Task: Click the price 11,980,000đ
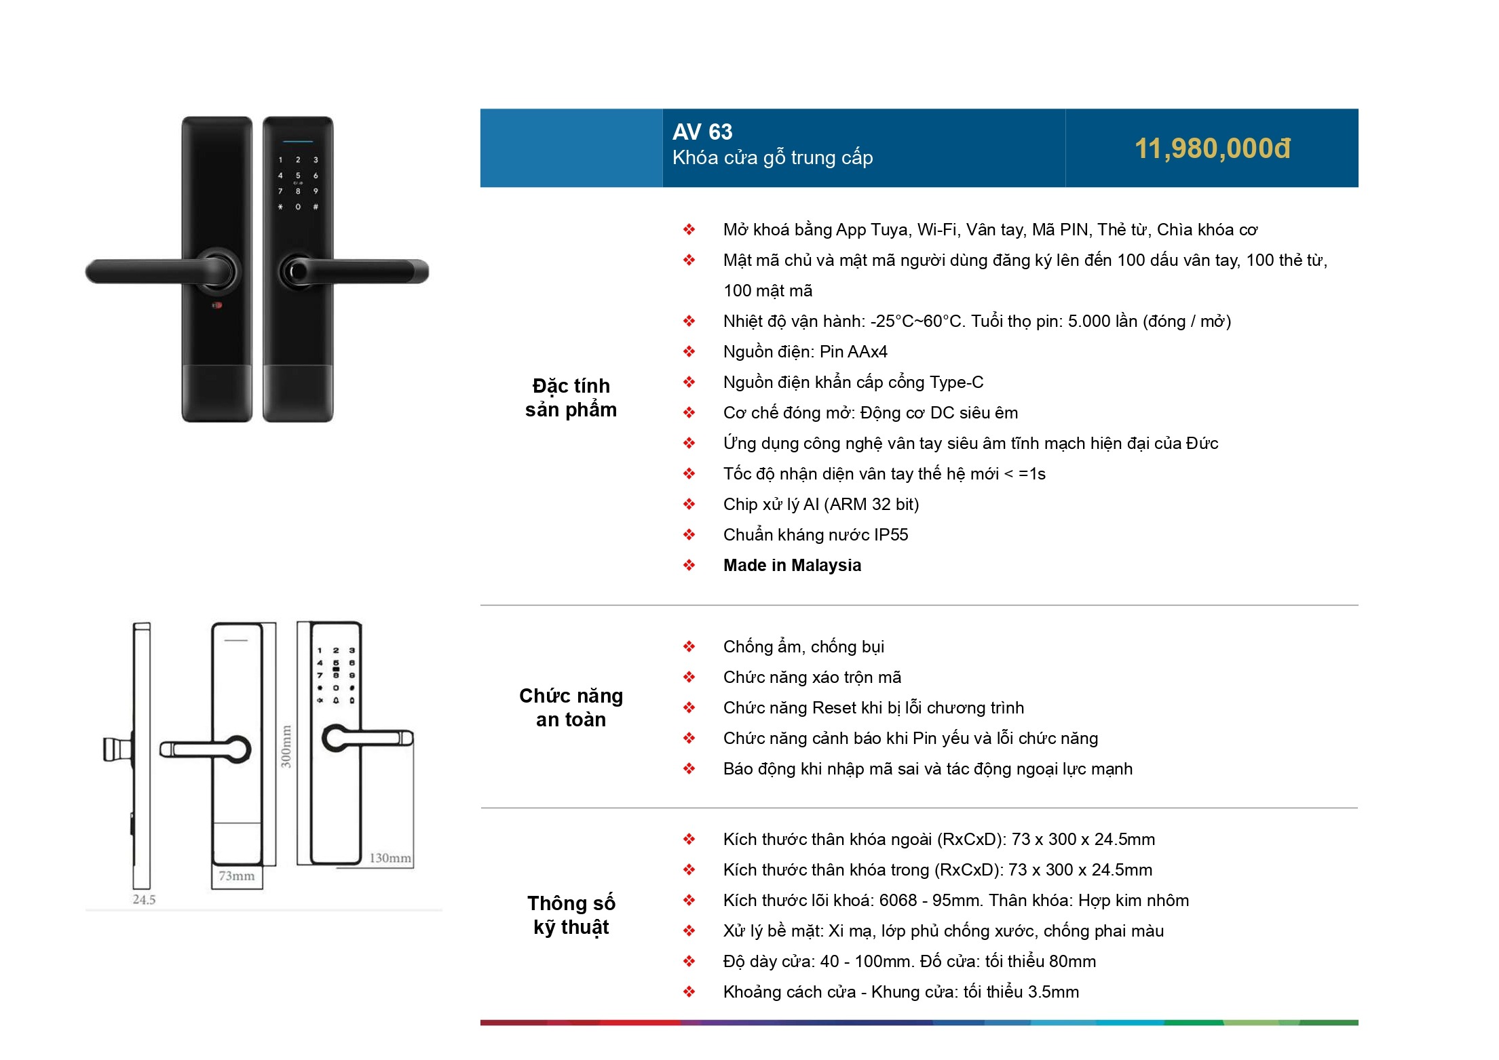coord(1212,149)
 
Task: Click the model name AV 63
coord(702,132)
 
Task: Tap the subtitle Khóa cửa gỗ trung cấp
coord(772,158)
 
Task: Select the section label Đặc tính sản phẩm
coord(571,397)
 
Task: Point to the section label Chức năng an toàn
coord(571,707)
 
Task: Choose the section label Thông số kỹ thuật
coord(571,915)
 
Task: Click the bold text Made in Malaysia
coord(792,565)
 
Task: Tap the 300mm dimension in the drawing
coord(286,746)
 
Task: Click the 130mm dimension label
coord(390,858)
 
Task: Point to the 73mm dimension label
coord(236,876)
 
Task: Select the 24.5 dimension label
coord(144,899)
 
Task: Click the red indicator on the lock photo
coord(216,305)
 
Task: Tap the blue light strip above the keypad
coord(298,142)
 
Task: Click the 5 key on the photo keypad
coord(298,176)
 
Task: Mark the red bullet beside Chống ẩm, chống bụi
coord(689,646)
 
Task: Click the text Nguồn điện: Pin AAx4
coord(805,351)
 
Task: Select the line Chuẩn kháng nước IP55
coord(815,534)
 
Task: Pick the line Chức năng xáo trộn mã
coord(812,677)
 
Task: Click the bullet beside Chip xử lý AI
coord(689,504)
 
